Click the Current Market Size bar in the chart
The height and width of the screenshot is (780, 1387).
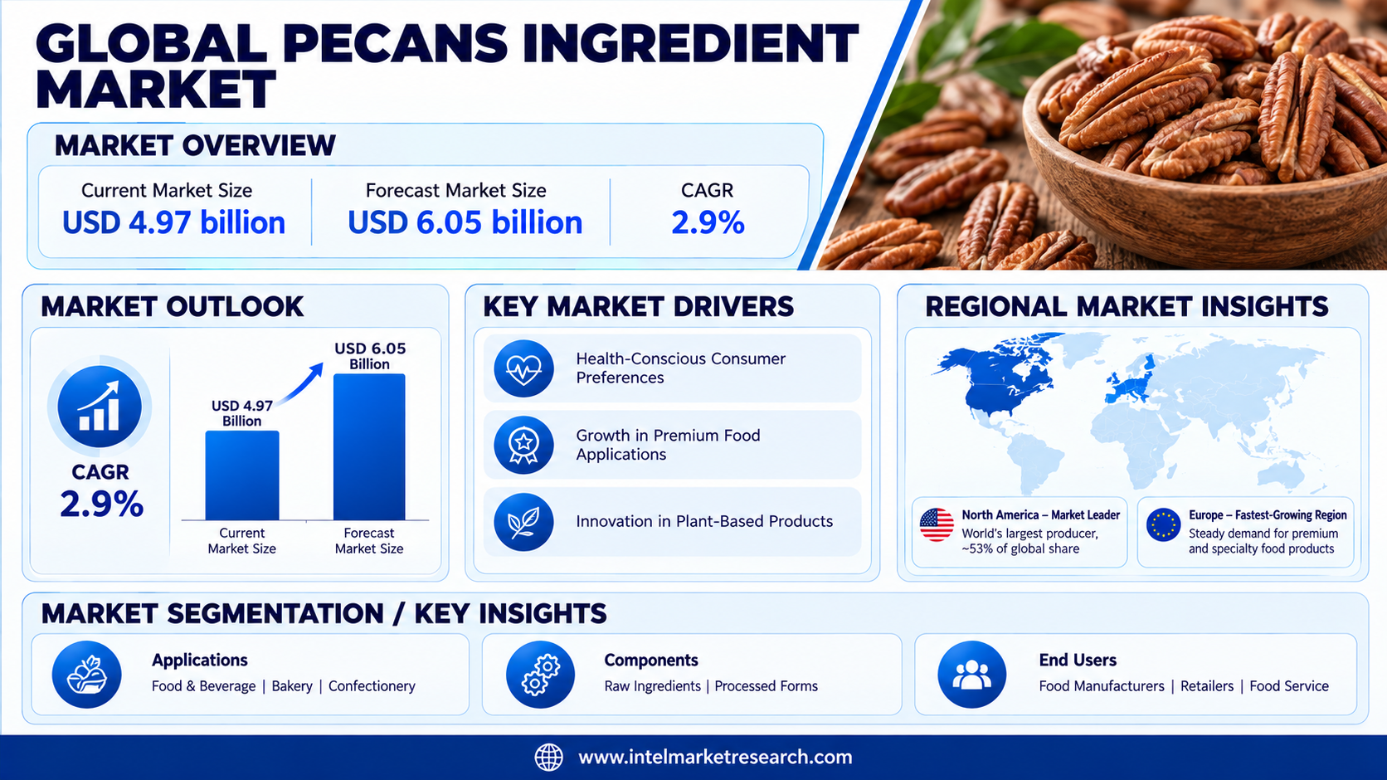pyautogui.click(x=242, y=475)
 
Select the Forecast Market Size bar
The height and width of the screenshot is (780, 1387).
pyautogui.click(x=369, y=446)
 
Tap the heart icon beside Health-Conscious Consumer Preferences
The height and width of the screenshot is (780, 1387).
pyautogui.click(x=523, y=368)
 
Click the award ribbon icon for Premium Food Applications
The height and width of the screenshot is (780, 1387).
pyautogui.click(x=523, y=445)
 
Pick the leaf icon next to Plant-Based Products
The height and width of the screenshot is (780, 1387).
pyautogui.click(x=523, y=522)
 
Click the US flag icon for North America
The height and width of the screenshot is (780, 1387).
pyautogui.click(x=937, y=524)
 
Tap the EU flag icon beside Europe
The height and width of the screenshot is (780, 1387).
pyautogui.click(x=1164, y=524)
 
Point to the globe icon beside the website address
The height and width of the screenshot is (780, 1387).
pyautogui.click(x=548, y=757)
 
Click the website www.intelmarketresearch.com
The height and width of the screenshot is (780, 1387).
pyautogui.click(x=715, y=757)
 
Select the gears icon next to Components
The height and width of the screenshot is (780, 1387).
pyautogui.click(x=540, y=675)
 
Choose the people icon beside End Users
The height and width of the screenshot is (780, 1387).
pyautogui.click(x=971, y=675)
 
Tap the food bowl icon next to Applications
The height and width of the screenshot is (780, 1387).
pyautogui.click(x=86, y=675)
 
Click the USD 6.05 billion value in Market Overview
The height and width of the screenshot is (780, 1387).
pyautogui.click(x=465, y=222)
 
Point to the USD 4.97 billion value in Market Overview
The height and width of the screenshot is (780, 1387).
pyautogui.click(x=174, y=222)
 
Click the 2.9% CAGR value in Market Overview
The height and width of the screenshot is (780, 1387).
pyautogui.click(x=708, y=223)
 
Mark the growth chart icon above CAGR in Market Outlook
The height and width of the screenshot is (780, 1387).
pyautogui.click(x=99, y=407)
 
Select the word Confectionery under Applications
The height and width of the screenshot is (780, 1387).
pyautogui.click(x=372, y=686)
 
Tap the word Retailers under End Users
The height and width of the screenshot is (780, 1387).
pyautogui.click(x=1207, y=686)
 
